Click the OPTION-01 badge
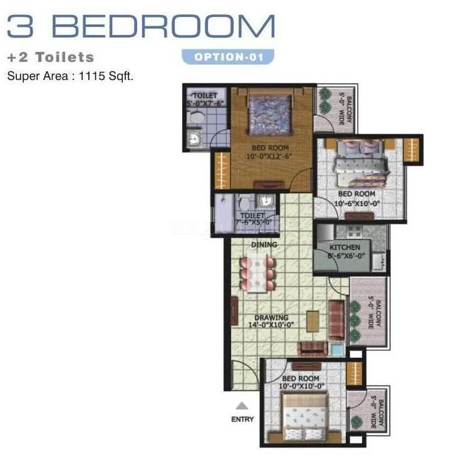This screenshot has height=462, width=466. pos(229,58)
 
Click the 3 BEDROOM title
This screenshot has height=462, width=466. pos(141,26)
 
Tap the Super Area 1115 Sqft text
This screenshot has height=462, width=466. pos(70,76)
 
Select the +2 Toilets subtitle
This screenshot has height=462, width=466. pos(51,58)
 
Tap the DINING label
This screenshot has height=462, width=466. pos(264,244)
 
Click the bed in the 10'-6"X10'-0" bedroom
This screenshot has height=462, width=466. pos(361,159)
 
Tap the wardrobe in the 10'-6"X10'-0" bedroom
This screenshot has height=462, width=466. pos(410,150)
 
